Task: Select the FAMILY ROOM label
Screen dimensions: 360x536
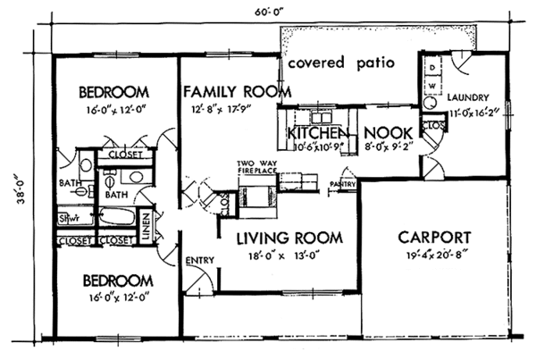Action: click(238, 91)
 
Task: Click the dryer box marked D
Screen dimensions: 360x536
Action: click(431, 68)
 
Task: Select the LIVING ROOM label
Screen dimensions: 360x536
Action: click(289, 238)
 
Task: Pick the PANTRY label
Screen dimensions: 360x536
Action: click(343, 185)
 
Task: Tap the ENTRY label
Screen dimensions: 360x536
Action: click(197, 260)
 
